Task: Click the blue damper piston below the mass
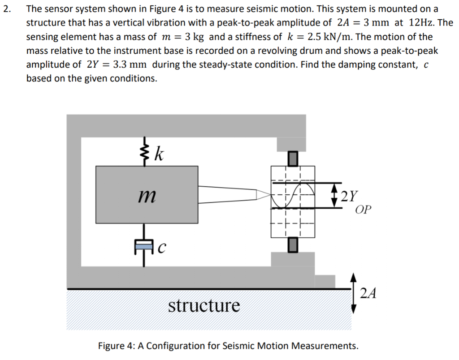(144, 245)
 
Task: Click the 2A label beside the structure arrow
(368, 293)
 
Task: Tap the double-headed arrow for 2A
(353, 293)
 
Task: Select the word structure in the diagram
(204, 306)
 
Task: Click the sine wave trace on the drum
(292, 195)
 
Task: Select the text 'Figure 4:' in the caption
(116, 346)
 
